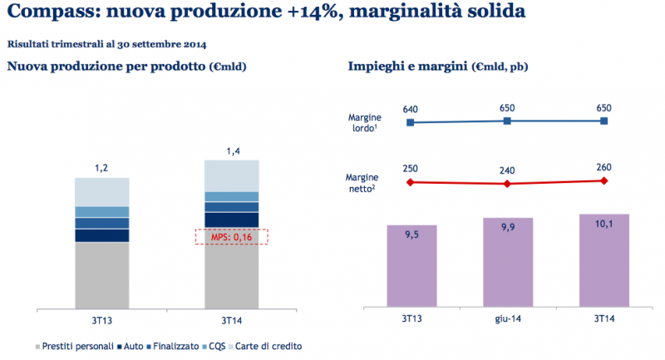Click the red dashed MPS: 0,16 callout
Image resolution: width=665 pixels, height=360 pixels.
point(231,237)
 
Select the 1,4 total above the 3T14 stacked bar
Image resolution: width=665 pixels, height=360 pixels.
point(231,150)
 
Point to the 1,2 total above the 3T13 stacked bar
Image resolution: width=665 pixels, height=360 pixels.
point(102,168)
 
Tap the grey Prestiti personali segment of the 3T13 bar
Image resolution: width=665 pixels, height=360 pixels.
point(102,274)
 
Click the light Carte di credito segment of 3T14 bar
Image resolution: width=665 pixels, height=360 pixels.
point(231,175)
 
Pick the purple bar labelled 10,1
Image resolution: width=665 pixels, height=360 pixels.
point(603,260)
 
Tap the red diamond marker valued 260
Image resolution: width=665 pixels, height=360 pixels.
point(603,180)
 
